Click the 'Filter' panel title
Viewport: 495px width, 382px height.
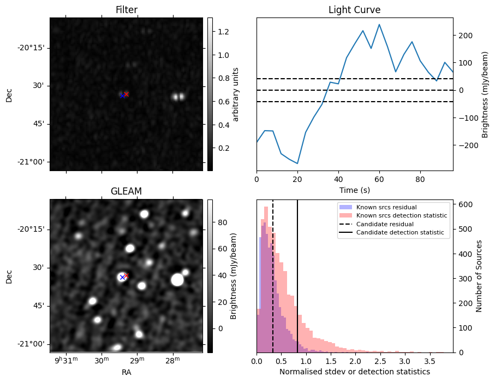point(126,10)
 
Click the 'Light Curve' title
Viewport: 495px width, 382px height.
point(354,10)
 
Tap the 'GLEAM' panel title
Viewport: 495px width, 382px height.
point(126,191)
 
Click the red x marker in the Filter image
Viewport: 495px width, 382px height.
point(127,94)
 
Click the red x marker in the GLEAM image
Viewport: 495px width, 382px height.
point(127,275)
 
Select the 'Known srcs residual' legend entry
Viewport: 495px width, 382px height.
point(386,208)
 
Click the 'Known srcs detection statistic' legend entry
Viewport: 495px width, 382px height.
point(401,216)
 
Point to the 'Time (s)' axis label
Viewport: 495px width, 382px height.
point(354,189)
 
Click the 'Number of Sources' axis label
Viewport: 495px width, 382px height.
point(479,276)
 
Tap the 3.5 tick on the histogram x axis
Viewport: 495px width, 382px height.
point(429,362)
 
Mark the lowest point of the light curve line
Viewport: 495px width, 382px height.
point(297,163)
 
